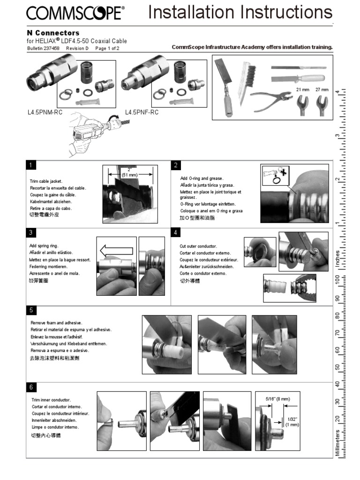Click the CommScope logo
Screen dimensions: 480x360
pos(75,13)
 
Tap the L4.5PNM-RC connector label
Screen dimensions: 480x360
pos(45,112)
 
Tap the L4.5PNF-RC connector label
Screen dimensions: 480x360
pos(142,112)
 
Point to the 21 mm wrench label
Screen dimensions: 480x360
pos(300,89)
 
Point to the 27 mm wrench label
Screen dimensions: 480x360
pos(322,89)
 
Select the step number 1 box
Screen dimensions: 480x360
pos(30,165)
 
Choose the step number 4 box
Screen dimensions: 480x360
pos(175,232)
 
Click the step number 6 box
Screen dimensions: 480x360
pos(30,387)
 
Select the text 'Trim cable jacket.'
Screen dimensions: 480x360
pos(46,181)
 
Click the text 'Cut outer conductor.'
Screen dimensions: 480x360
pos(198,246)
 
